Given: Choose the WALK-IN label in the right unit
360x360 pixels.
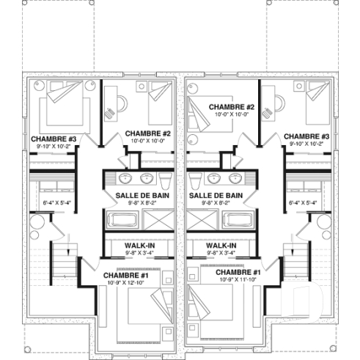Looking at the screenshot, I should tap(221, 246).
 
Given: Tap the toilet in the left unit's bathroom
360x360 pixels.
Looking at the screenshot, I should tap(166, 180).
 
